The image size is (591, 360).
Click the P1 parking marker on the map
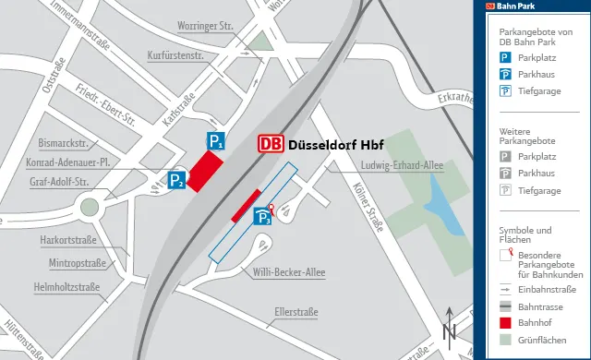(214, 141)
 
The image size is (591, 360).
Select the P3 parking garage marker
(263, 218)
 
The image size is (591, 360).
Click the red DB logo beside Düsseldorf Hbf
(271, 145)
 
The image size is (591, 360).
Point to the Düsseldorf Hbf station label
(336, 145)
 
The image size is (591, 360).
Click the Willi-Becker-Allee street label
(284, 271)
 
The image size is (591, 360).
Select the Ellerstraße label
(295, 312)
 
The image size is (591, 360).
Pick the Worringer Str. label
(205, 25)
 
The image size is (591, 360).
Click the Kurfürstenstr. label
(175, 56)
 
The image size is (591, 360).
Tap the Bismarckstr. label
(64, 143)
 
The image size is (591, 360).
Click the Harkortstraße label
(68, 240)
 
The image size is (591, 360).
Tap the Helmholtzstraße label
(66, 286)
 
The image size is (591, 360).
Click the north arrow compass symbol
(450, 327)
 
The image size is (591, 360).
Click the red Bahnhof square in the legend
(505, 323)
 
